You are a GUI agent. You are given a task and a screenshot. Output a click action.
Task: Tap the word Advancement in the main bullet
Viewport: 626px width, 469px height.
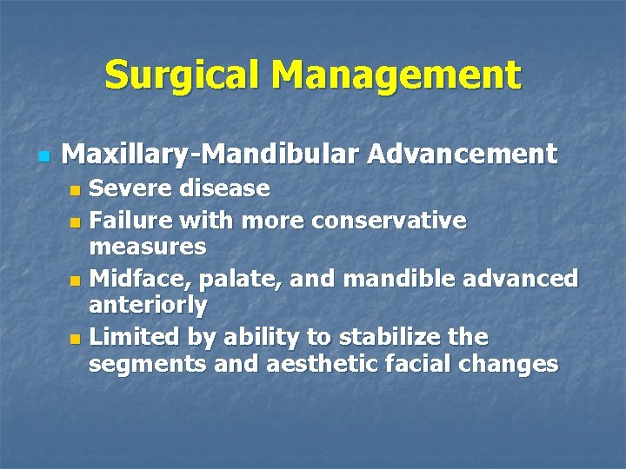(462, 155)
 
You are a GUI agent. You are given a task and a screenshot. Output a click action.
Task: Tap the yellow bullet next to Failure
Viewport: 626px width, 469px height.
(76, 223)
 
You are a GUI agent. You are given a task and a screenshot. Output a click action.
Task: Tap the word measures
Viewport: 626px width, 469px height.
(148, 247)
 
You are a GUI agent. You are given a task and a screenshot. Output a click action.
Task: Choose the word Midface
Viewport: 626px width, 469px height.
(130, 279)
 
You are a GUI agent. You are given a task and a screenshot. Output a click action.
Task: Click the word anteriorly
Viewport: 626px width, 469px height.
(148, 305)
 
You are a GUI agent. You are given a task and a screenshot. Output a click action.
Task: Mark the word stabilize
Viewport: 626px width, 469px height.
(373, 336)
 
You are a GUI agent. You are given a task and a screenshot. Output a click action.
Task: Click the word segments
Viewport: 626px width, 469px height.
(147, 364)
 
